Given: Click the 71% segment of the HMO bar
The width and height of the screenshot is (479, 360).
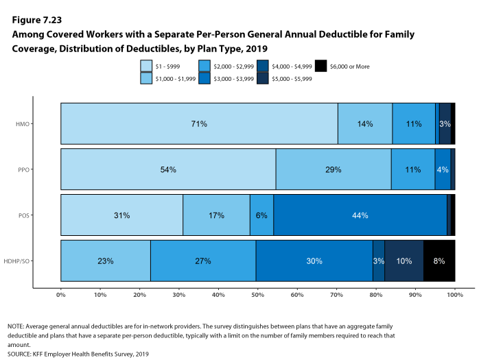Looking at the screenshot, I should pos(199,124).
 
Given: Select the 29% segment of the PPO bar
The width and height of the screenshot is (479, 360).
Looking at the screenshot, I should pos(334,169).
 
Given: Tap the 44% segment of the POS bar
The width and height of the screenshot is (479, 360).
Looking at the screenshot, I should pos(360,215).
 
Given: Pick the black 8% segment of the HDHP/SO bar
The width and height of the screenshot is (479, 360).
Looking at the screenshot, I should pos(439,261).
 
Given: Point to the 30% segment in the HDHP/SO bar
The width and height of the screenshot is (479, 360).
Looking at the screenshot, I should pos(314,261).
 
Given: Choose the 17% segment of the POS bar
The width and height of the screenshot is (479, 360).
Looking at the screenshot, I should pos(216,215).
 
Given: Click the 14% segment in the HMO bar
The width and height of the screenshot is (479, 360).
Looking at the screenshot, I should pos(365,124).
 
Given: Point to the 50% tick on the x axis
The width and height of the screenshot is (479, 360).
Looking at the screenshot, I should pos(258,294).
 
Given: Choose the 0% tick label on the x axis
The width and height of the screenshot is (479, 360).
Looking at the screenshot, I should pos(61,294).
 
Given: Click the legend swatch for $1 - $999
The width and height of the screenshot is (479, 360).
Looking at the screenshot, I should pos(146,67).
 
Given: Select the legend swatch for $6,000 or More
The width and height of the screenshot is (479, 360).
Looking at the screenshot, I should pos(320,67).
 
